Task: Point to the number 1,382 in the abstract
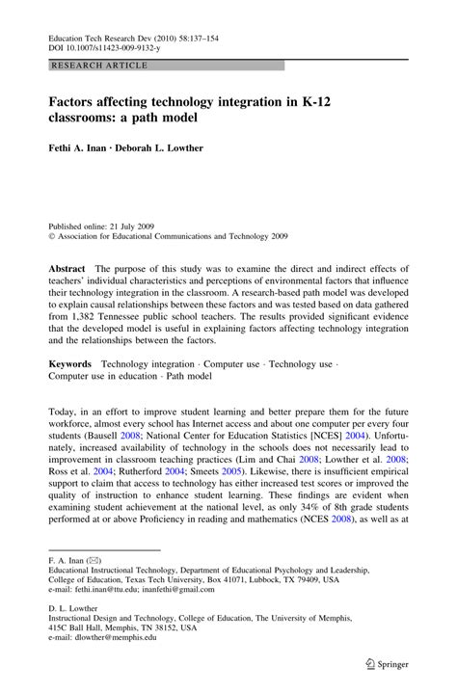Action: click(88, 315)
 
